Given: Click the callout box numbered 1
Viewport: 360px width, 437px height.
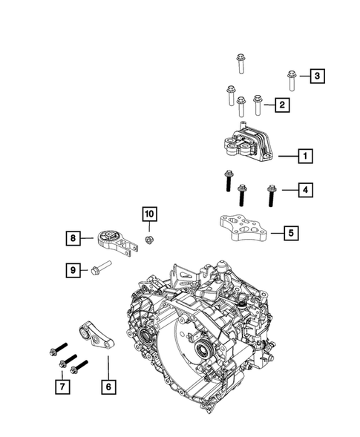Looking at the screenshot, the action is [x=305, y=156].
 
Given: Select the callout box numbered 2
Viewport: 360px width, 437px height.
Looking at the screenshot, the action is [x=282, y=105].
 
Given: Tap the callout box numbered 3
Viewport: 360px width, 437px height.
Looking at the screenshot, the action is [x=318, y=76].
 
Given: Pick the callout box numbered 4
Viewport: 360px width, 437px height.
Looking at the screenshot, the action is [x=305, y=190].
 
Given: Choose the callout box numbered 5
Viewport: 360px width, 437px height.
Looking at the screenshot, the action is [x=291, y=233].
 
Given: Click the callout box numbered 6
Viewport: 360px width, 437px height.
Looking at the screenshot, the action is [x=108, y=387].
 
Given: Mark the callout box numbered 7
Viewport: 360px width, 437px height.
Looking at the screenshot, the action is [x=62, y=387].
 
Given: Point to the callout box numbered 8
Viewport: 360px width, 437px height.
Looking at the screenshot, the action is [x=73, y=238].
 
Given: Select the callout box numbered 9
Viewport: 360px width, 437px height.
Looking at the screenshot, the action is [x=73, y=270].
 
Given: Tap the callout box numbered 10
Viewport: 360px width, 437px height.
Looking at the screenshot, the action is [x=149, y=214].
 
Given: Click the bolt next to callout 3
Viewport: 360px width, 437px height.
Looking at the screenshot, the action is [x=292, y=81].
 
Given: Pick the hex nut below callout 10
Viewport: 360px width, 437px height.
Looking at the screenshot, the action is [x=150, y=239].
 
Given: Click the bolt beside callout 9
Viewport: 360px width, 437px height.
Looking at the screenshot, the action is [x=101, y=268].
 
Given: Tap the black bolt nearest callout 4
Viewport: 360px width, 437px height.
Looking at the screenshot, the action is [x=272, y=196].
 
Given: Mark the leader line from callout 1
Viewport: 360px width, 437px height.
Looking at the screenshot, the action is [x=288, y=157].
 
